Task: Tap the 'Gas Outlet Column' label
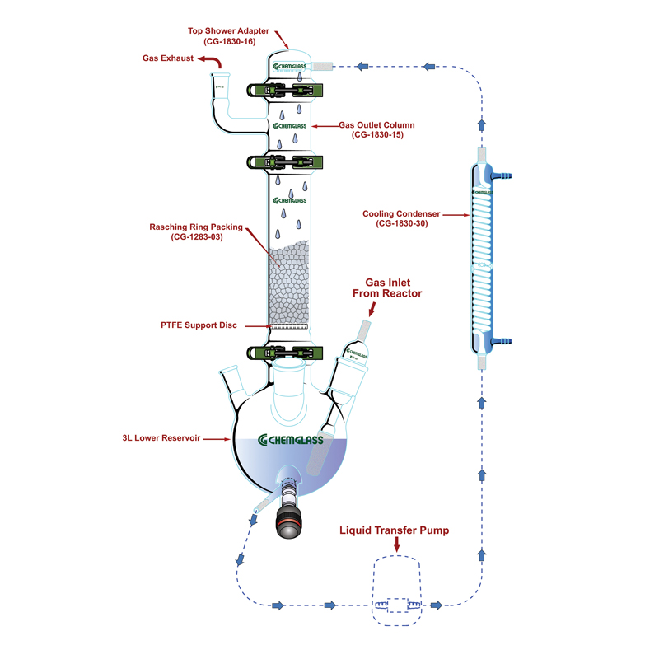pyautogui.click(x=376, y=130)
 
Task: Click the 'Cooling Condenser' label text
pyautogui.click(x=400, y=218)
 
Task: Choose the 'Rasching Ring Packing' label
pyautogui.click(x=196, y=232)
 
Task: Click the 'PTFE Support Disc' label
pyautogui.click(x=199, y=325)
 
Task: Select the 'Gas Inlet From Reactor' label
pyautogui.click(x=387, y=287)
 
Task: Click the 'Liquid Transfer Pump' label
pyautogui.click(x=395, y=530)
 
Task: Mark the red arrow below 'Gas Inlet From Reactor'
pyautogui.click(x=372, y=310)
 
